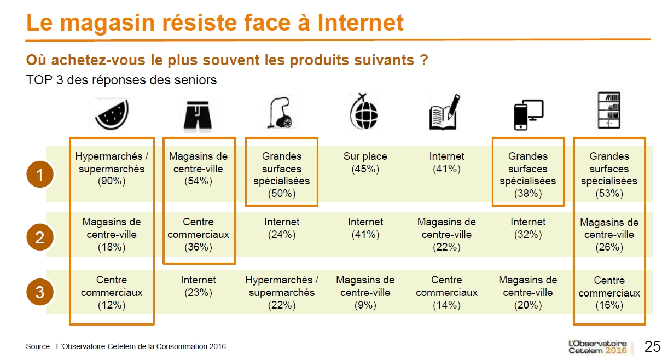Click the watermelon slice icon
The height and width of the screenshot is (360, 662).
[112, 115]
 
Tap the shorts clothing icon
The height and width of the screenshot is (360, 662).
[198, 115]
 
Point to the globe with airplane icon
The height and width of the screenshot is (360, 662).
[364, 112]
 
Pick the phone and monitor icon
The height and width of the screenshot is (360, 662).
[529, 115]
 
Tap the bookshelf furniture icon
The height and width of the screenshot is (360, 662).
[609, 111]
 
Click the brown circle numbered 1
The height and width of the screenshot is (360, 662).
[40, 174]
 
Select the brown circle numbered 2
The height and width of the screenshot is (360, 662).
[40, 237]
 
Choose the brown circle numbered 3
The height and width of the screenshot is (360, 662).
[40, 292]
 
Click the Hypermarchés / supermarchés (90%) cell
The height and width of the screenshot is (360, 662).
[112, 169]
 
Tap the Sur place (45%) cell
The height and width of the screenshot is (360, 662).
[365, 162]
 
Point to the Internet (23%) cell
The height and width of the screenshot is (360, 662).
[198, 286]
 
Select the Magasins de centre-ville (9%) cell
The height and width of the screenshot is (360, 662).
[365, 292]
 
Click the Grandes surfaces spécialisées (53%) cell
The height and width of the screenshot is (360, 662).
[609, 175]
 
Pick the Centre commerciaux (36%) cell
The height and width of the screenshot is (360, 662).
[198, 234]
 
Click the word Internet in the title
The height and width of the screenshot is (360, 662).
[361, 22]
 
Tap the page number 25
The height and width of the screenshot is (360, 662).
[653, 346]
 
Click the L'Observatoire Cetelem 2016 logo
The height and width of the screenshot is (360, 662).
[598, 347]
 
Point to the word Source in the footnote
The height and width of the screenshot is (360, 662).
[38, 346]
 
